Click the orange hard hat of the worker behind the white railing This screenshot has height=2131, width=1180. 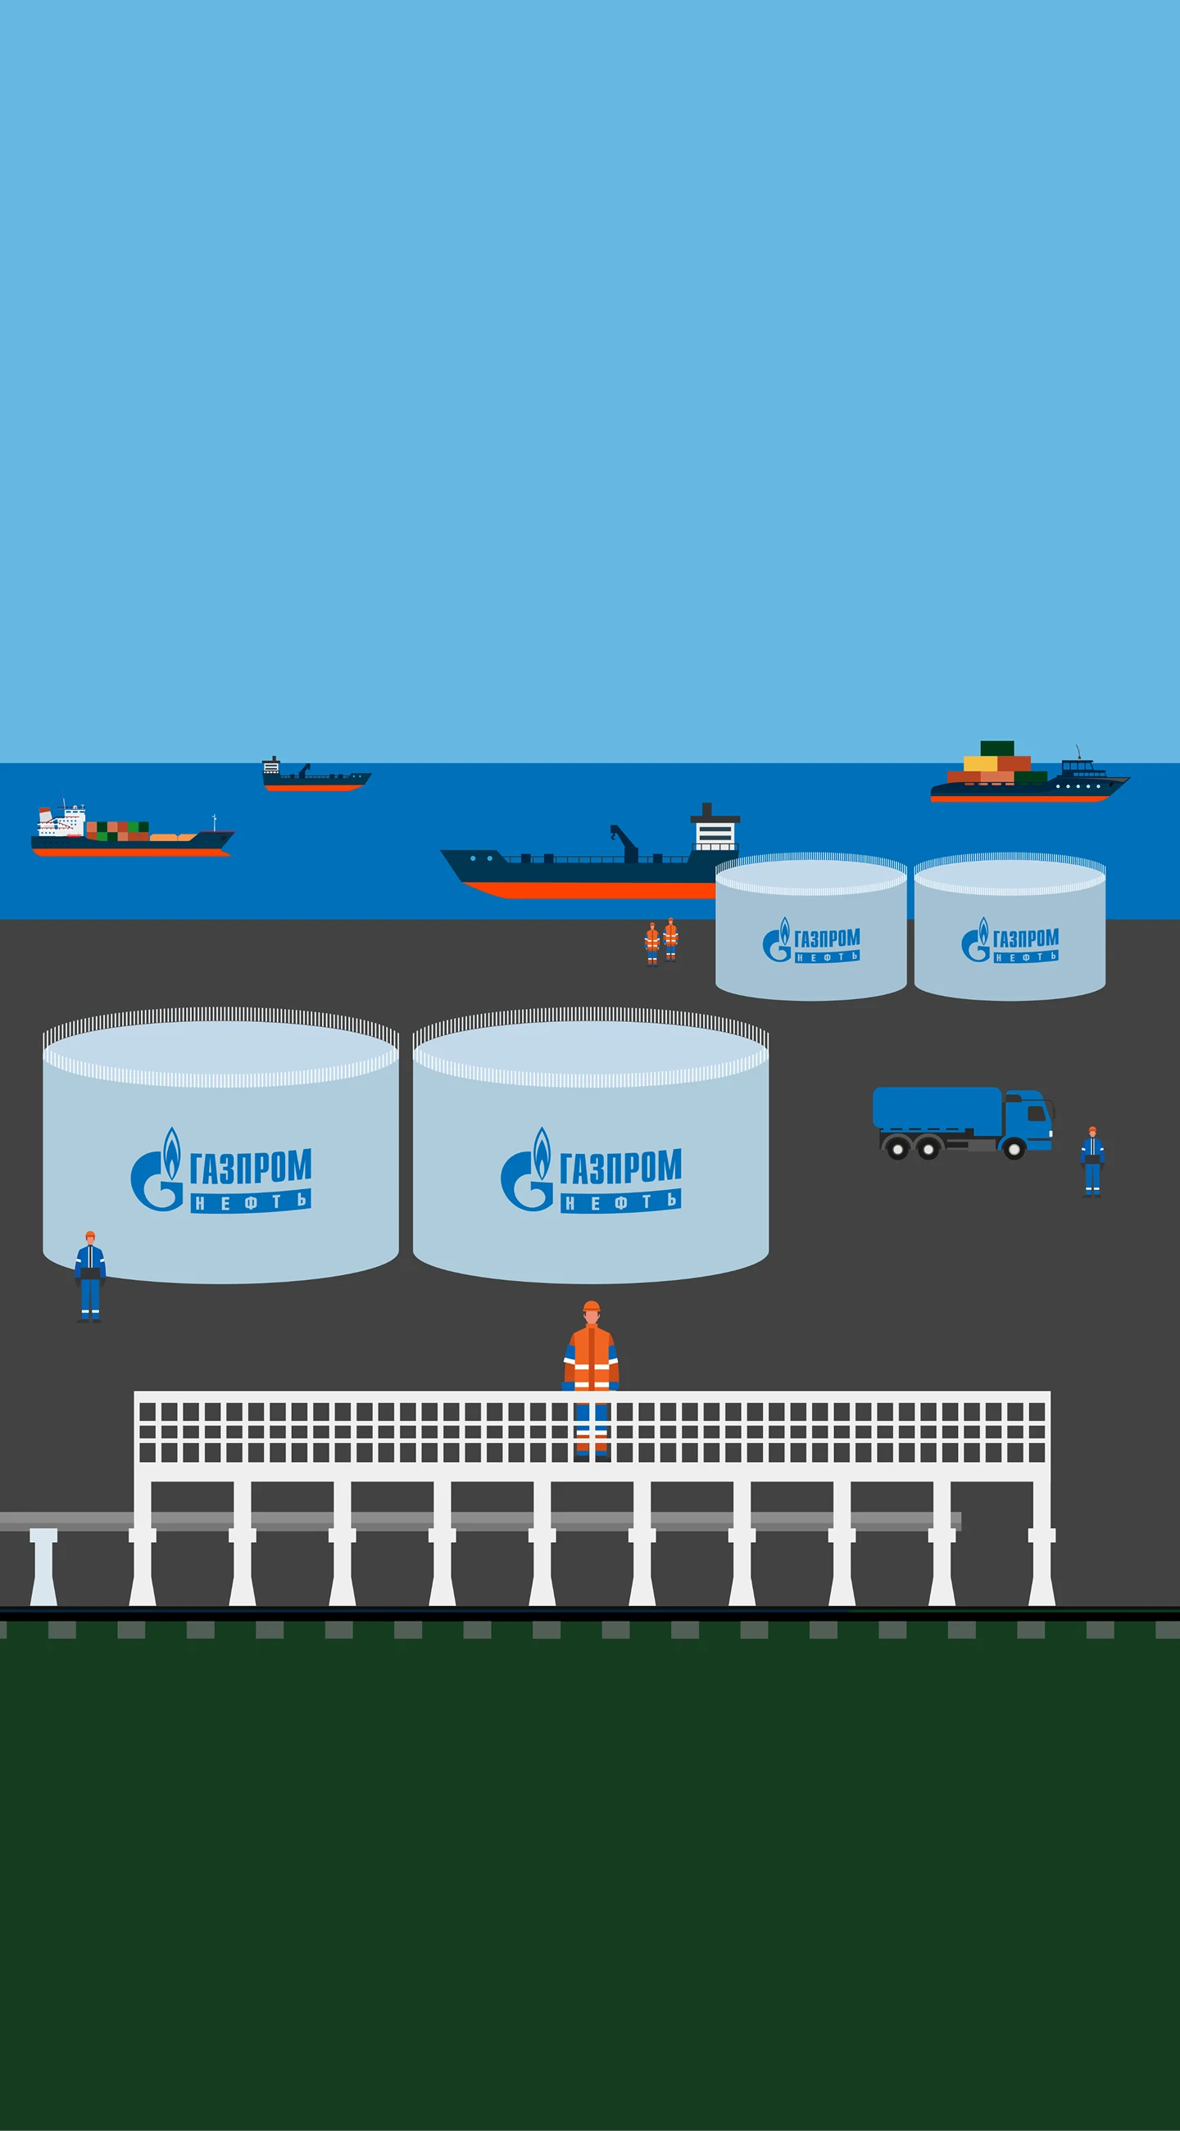click(x=591, y=1307)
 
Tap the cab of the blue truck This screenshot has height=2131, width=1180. click(x=1028, y=1117)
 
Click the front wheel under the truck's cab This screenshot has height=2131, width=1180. click(x=1014, y=1149)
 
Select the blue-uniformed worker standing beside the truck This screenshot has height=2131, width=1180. click(x=1092, y=1161)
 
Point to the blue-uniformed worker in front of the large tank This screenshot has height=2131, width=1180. click(x=90, y=1277)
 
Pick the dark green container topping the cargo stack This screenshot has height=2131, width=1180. click(x=997, y=748)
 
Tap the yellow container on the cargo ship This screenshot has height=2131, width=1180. click(x=980, y=763)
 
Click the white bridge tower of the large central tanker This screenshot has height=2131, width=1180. click(x=714, y=832)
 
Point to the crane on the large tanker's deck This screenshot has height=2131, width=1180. click(x=624, y=843)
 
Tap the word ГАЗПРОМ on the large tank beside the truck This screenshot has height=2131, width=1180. click(x=620, y=1166)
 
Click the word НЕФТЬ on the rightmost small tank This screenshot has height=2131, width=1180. click(x=1026, y=957)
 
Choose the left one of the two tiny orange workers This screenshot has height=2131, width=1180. click(x=652, y=943)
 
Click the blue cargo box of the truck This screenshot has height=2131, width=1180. click(x=937, y=1110)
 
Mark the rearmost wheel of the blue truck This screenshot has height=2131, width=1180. click(x=897, y=1149)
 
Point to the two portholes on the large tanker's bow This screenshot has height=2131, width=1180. click(x=481, y=858)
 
